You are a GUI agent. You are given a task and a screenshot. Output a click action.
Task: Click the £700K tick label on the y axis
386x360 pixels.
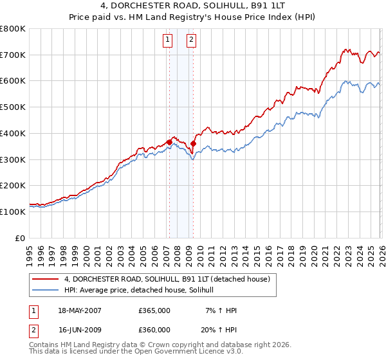pos(13,55)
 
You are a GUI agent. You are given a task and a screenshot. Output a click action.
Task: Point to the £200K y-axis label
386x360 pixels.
pos(13,185)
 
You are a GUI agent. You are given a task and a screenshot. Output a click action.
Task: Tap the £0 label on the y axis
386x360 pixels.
pos(20,238)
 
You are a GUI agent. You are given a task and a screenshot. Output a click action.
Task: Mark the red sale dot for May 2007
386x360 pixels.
pos(169,142)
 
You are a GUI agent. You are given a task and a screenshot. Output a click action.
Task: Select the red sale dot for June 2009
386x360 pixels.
pos(193,143)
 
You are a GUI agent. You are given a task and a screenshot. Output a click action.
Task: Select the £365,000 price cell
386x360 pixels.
pos(154,310)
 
